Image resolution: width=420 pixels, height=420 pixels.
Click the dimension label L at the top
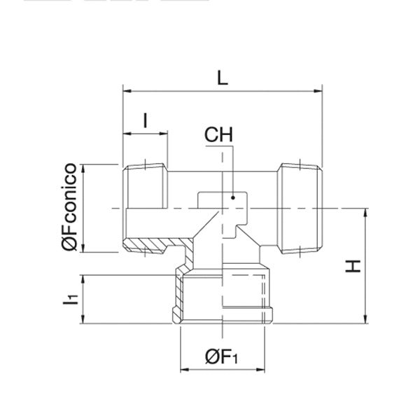click(223, 78)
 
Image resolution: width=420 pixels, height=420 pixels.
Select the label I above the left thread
click(145, 120)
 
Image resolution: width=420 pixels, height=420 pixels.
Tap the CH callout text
click(218, 135)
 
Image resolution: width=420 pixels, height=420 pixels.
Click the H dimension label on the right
click(355, 267)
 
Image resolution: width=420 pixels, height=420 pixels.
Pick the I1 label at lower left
click(69, 299)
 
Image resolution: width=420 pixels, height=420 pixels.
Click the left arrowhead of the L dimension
click(127, 90)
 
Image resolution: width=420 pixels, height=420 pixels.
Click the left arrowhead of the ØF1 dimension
click(184, 369)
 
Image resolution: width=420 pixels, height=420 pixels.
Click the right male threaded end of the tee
click(301, 208)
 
